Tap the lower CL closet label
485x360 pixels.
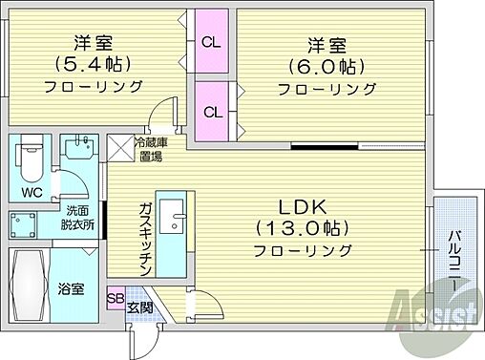[212, 111]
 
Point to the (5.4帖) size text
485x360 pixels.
[92, 64]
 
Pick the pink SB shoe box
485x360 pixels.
[115, 298]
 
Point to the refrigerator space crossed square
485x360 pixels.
[122, 148]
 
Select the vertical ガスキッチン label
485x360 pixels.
[143, 239]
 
